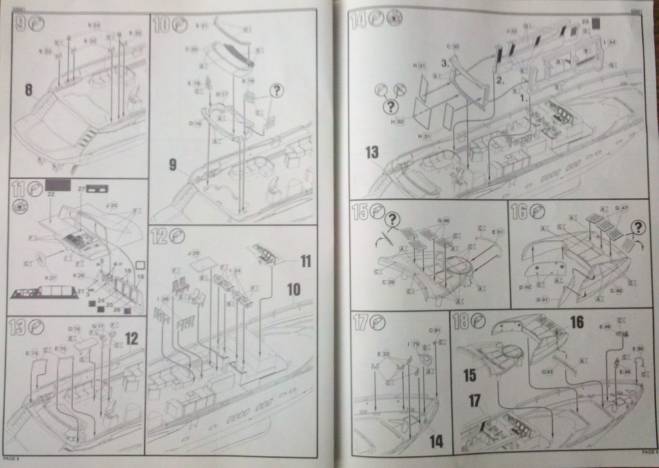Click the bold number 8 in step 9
tap(28, 91)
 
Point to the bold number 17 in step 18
tap(474, 400)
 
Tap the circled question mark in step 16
tap(637, 226)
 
